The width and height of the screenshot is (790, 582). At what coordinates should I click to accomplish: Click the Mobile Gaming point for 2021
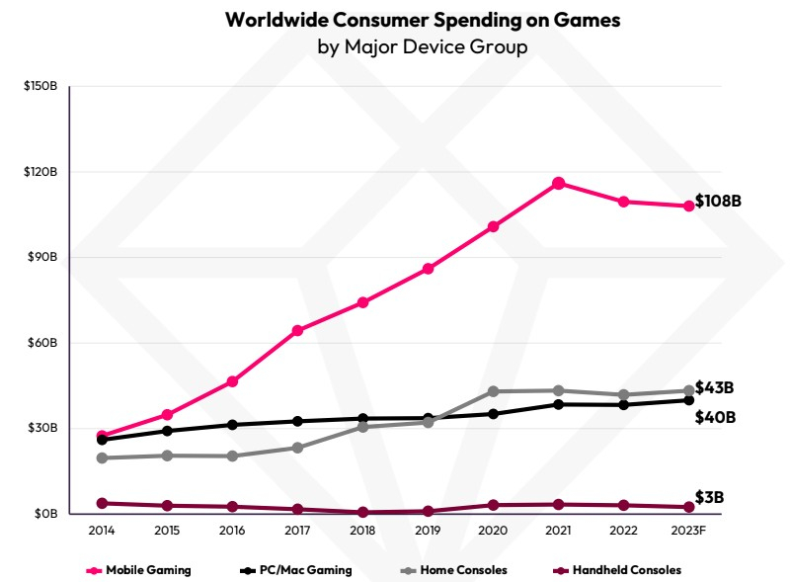[558, 183]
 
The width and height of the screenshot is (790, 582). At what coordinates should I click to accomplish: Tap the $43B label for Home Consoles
[715, 387]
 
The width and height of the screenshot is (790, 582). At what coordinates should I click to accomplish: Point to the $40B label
[715, 417]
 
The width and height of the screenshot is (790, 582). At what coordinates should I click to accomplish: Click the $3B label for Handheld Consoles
[709, 497]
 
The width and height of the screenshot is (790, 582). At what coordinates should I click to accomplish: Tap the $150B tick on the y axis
[40, 87]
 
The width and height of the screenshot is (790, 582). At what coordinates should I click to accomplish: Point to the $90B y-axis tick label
[42, 258]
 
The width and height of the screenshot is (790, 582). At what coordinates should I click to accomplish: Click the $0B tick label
[45, 514]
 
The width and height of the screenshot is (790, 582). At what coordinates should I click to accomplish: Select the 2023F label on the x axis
[687, 531]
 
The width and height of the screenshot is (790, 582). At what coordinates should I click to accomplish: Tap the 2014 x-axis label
[102, 531]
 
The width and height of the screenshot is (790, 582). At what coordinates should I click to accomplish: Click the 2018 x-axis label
[363, 531]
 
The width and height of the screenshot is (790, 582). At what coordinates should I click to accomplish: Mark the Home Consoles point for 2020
[493, 391]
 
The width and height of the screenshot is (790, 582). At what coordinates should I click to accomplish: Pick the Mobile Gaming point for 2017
[297, 330]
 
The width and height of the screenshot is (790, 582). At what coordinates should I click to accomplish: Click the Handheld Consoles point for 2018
[362, 512]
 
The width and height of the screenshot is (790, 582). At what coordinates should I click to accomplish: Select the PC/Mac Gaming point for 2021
[558, 404]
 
